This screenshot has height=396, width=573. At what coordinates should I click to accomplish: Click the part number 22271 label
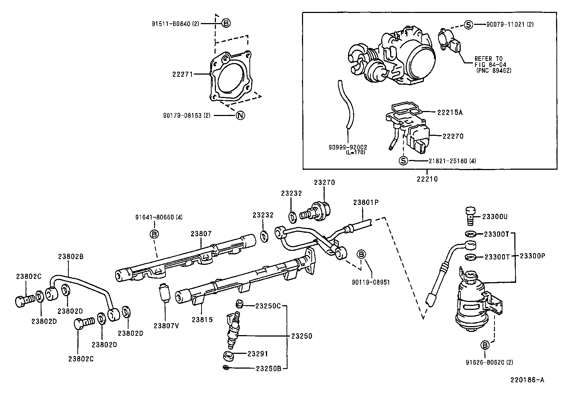(182, 74)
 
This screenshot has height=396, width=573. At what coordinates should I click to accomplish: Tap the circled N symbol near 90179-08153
(240, 116)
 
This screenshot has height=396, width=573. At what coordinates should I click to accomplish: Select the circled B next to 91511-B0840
(226, 23)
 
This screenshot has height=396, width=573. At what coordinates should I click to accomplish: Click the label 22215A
(450, 112)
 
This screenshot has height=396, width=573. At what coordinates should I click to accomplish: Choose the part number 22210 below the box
(427, 179)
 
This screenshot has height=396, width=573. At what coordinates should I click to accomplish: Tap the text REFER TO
(488, 59)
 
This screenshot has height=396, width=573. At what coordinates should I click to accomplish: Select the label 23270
(324, 182)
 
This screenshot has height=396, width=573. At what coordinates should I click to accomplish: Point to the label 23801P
(366, 203)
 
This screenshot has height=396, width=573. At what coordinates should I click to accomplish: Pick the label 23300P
(532, 256)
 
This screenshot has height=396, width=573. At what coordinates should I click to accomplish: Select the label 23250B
(269, 369)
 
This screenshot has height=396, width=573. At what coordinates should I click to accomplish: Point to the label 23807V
(166, 326)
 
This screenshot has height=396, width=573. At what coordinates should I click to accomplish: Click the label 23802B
(71, 257)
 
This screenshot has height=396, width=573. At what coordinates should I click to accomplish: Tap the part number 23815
(202, 320)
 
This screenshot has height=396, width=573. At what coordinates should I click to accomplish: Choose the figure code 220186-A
(527, 380)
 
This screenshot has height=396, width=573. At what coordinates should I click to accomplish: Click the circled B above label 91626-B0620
(485, 345)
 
